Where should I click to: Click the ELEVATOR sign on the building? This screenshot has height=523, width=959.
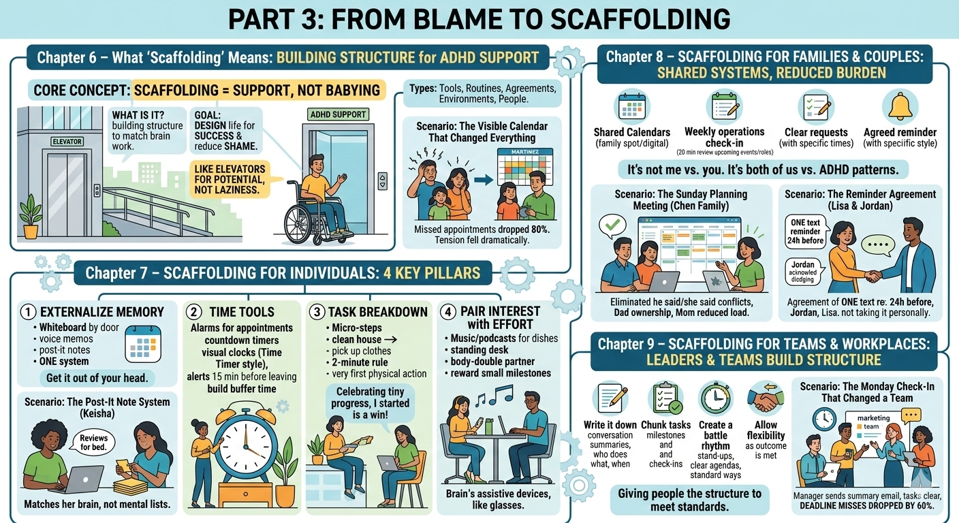(x=66, y=142)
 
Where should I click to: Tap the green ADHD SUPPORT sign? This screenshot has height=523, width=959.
(x=337, y=114)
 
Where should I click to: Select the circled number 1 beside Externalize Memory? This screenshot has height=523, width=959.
(x=28, y=312)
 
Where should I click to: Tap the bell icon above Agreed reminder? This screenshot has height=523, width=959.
(x=900, y=106)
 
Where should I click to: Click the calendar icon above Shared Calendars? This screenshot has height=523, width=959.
(x=632, y=106)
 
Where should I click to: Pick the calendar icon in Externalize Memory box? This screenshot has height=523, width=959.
(x=143, y=343)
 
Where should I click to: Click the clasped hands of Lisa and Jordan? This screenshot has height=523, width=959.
(x=872, y=276)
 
